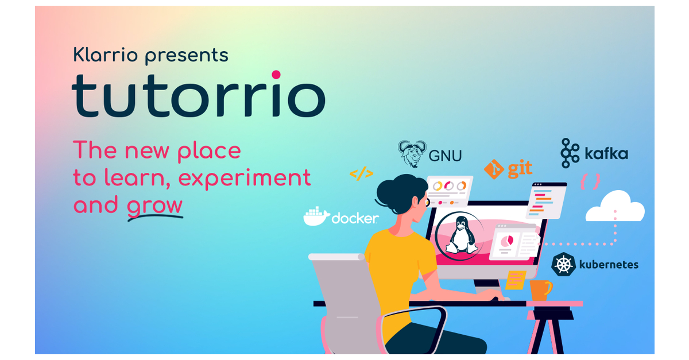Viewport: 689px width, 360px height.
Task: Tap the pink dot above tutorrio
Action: point(276,75)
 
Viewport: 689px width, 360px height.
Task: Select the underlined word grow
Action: point(155,206)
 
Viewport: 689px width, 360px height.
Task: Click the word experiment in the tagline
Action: point(245,178)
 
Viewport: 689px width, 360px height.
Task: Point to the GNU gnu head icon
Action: point(412,153)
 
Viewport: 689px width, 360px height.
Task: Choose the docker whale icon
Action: point(316,216)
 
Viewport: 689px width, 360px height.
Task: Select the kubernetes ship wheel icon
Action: point(563,265)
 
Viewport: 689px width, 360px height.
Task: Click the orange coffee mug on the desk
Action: point(540,290)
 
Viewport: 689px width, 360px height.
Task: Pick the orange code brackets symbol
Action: point(361,174)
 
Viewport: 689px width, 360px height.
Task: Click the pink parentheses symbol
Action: point(590,182)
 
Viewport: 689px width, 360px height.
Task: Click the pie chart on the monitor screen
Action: point(506,241)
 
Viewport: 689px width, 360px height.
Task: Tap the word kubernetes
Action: point(608,265)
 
